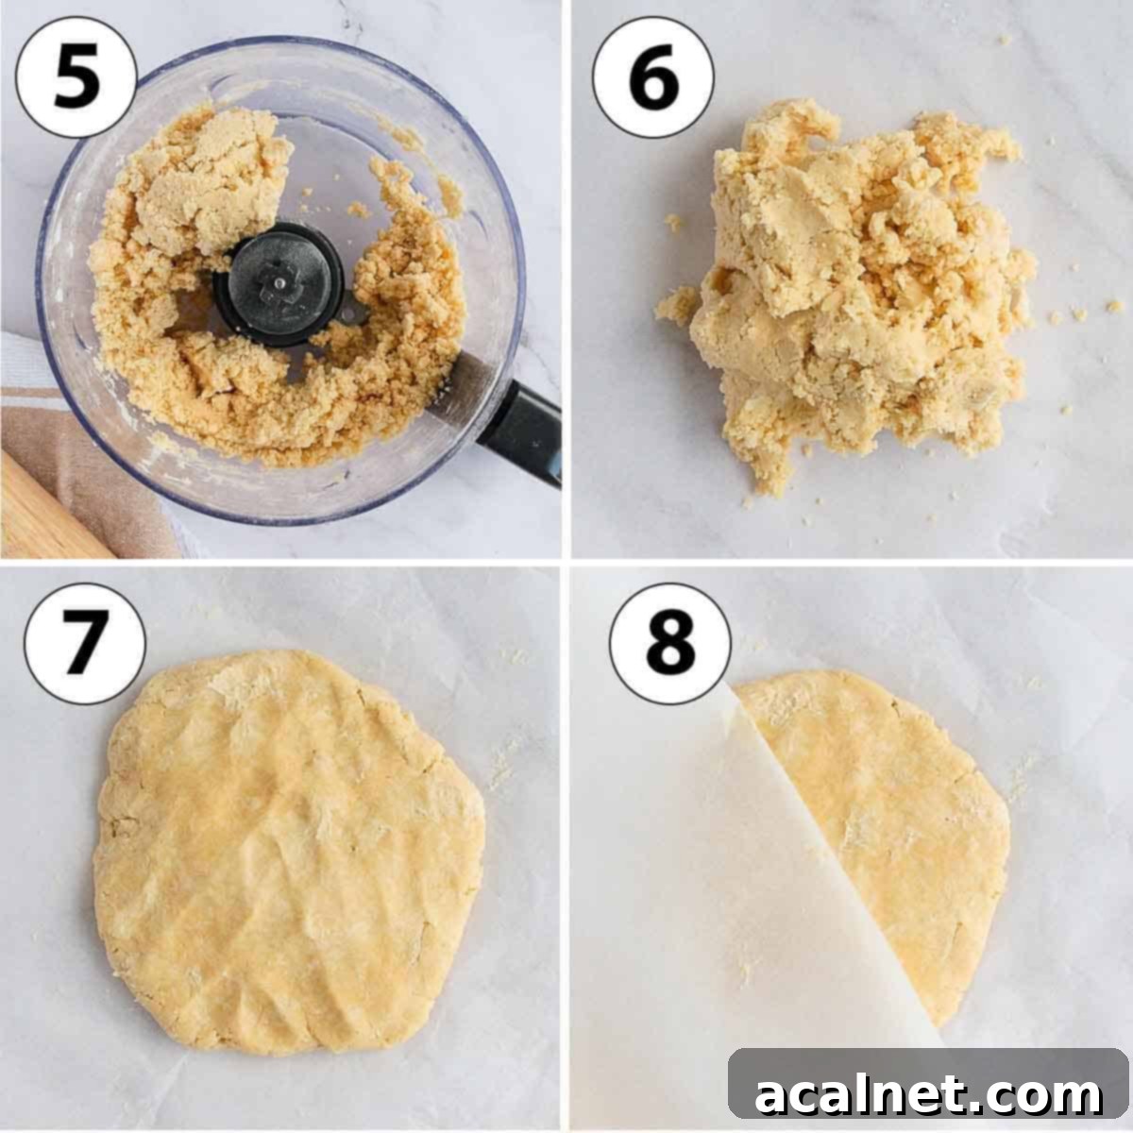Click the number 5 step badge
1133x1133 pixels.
pos(76,76)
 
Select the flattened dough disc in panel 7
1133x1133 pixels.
pos(283,850)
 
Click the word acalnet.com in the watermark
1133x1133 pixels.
pos(929,1095)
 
